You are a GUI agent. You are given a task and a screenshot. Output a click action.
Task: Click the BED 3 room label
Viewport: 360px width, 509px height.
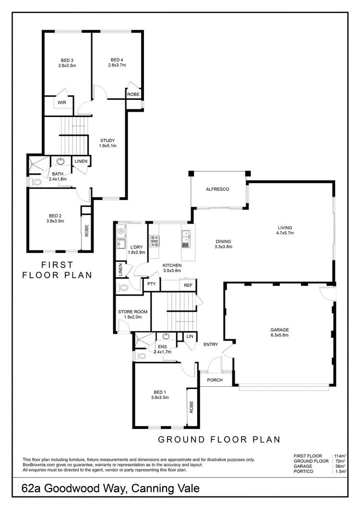click(67, 59)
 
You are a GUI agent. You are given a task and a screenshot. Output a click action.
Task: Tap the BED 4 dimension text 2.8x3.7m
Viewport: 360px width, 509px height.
click(117, 65)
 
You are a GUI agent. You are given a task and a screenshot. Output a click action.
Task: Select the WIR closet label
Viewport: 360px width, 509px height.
click(61, 103)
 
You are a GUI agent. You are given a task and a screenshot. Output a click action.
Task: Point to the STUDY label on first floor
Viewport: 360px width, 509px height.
click(108, 140)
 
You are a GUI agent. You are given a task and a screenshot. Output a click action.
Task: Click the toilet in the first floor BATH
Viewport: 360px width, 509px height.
click(37, 182)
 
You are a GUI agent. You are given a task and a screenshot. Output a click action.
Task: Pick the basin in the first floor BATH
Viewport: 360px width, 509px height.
click(61, 162)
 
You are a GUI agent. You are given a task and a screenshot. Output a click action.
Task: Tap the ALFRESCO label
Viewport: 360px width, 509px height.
click(217, 189)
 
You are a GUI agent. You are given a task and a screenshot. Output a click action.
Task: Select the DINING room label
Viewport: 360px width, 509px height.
click(223, 241)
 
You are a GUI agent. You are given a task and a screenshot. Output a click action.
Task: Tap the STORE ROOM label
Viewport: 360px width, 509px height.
click(132, 312)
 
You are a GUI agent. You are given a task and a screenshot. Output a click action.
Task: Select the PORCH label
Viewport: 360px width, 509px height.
click(215, 380)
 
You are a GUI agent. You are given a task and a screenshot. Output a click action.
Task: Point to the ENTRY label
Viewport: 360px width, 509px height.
click(211, 344)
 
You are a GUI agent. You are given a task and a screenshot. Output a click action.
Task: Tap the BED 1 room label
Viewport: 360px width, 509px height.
click(160, 391)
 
